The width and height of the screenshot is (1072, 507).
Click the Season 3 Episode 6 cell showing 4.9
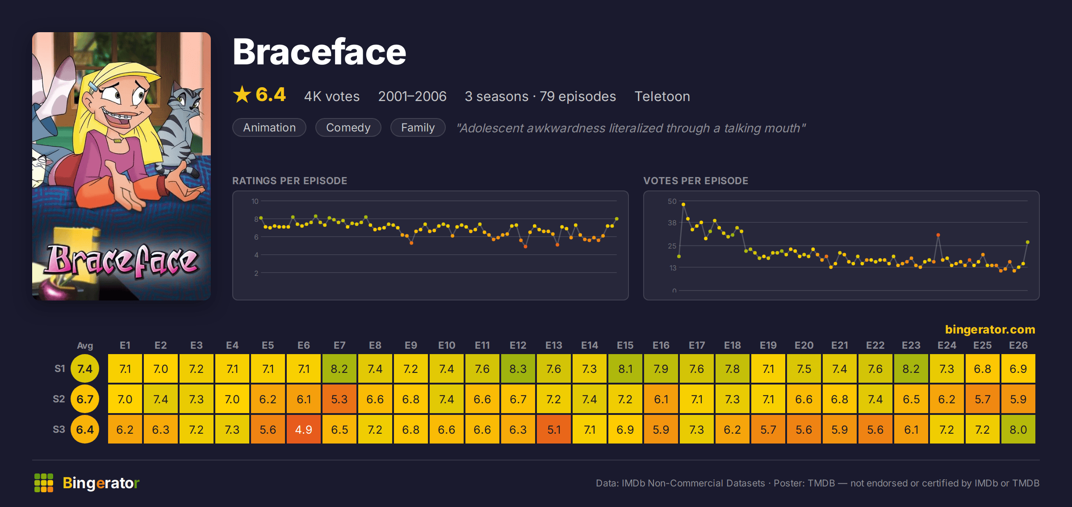point(304,429)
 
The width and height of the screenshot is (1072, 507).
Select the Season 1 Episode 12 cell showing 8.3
point(518,368)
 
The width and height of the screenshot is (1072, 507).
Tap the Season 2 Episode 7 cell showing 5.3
point(339,399)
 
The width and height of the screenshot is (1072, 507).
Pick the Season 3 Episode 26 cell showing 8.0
point(1018,429)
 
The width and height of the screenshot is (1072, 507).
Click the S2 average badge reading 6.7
point(85,399)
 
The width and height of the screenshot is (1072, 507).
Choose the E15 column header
point(625,345)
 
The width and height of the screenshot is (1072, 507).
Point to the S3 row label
point(59,429)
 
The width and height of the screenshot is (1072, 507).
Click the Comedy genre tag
point(348,127)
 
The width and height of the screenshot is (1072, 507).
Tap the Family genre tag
point(418,127)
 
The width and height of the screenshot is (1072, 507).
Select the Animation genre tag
point(269,127)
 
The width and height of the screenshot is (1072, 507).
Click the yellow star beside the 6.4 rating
point(242,94)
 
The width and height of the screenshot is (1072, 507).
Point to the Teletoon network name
point(662,96)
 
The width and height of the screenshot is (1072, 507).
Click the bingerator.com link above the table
point(990,330)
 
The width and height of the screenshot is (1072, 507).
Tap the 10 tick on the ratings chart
point(255,201)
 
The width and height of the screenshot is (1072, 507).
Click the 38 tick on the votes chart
point(672,223)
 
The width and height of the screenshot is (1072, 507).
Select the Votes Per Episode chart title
point(695,181)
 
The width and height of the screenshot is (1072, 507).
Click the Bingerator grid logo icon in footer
point(44,483)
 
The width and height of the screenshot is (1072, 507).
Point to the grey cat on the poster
point(181,130)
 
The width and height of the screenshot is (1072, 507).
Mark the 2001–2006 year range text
point(412,96)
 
